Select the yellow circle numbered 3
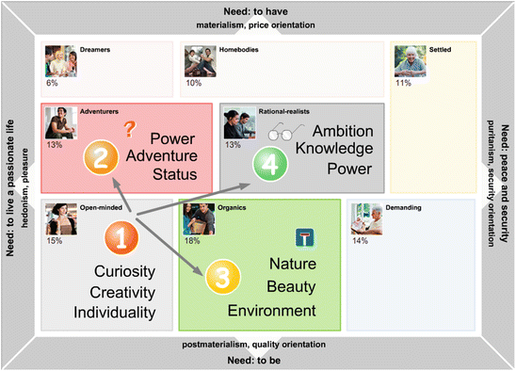(218, 276)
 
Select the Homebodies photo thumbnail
(201, 61)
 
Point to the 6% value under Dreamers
(53, 84)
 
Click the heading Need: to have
(258, 10)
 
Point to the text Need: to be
(258, 361)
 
